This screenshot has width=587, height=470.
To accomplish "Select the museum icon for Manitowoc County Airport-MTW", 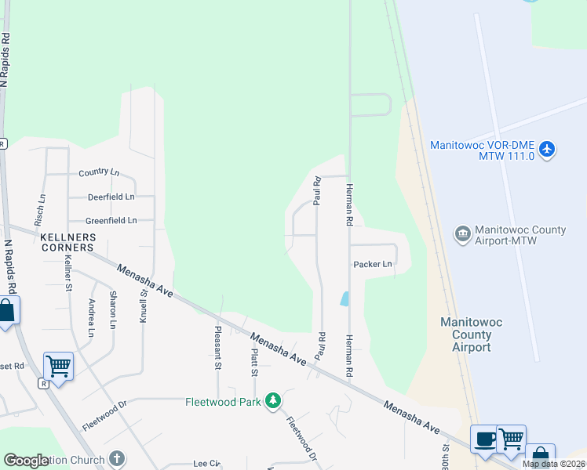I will tap(462, 234).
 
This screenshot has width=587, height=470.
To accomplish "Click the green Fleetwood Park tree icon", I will tap(273, 402).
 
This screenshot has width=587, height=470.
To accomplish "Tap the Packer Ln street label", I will tap(372, 265).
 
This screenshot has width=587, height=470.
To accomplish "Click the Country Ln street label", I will tap(99, 172).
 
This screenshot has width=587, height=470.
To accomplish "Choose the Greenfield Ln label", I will tap(111, 221).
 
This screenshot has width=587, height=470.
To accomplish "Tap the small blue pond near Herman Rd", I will tap(345, 298).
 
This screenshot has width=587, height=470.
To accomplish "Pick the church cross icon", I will tap(117, 459).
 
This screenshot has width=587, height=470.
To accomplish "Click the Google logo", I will tap(26, 461).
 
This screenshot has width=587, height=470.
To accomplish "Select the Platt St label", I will tap(254, 362).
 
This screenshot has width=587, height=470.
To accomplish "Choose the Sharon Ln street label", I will tap(114, 309).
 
